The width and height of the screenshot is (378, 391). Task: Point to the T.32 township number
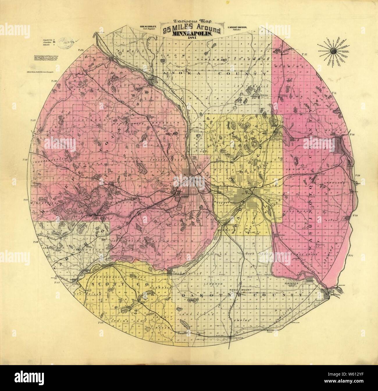point(304,54)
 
